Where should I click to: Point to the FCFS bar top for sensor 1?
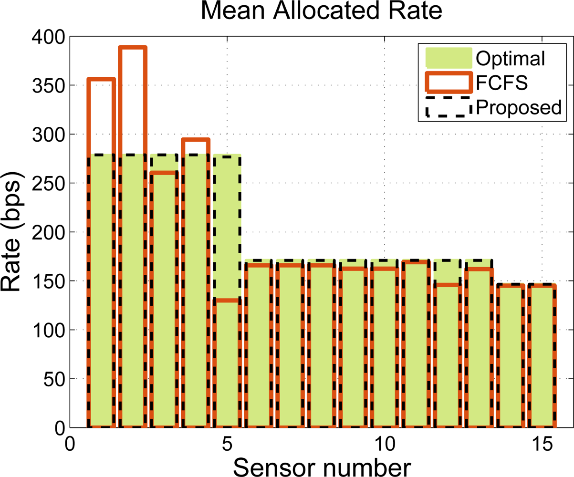tap(101, 80)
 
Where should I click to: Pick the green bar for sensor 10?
tap(384, 343)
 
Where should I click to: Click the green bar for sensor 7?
tap(290, 343)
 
